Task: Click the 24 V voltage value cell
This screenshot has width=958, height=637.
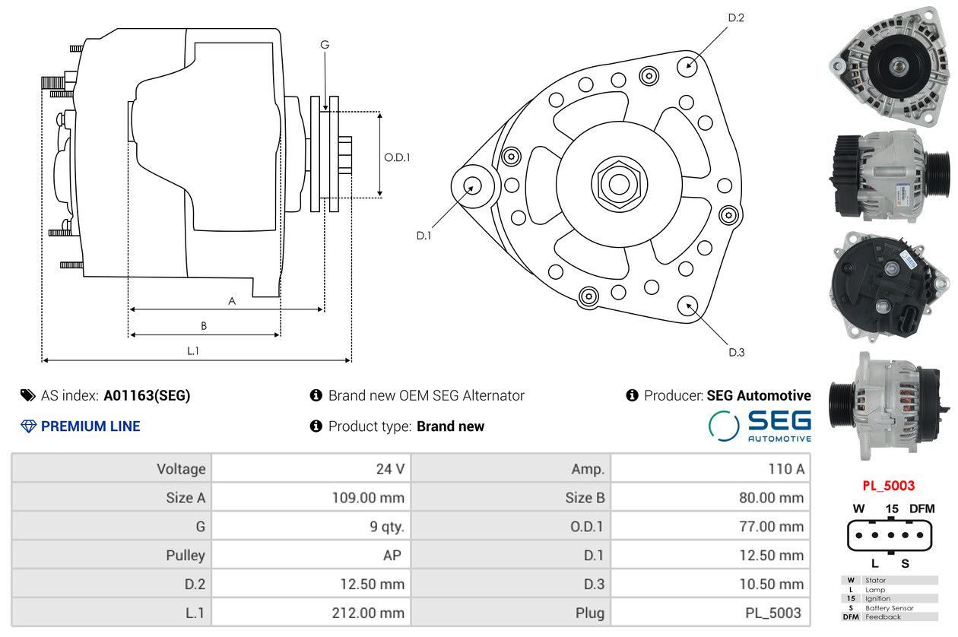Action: point(390,468)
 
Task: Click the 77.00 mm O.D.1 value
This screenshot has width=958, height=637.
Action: point(771,526)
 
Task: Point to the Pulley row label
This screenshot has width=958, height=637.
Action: point(186,555)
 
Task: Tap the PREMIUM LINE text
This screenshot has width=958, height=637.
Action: point(90,426)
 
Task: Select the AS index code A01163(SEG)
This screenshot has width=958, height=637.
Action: point(147,395)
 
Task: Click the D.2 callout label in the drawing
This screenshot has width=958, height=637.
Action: point(736,17)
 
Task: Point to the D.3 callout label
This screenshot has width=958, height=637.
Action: point(736,352)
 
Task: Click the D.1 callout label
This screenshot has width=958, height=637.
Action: point(423,236)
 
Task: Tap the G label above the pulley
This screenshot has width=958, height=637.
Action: point(325,45)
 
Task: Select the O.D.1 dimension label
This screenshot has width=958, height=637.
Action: point(397,157)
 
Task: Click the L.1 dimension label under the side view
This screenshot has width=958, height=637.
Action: point(193,350)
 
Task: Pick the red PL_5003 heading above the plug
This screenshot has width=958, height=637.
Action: point(888,486)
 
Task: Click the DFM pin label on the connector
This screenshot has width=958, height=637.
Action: point(922,509)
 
